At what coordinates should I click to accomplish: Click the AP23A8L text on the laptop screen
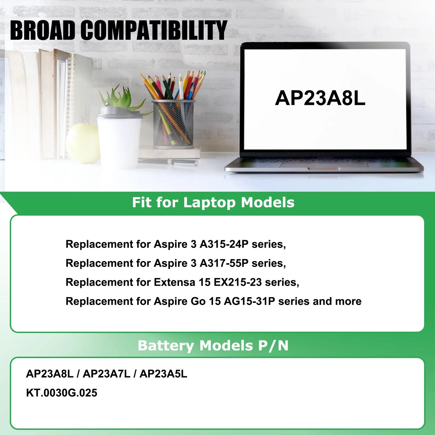click(x=320, y=98)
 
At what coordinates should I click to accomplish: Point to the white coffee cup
click(x=120, y=139)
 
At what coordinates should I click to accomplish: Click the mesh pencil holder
click(x=173, y=124)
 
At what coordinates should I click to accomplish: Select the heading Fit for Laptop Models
click(x=213, y=203)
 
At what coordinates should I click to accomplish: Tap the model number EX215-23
click(x=238, y=282)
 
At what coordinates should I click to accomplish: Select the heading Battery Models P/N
click(x=213, y=346)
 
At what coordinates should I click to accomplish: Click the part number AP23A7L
click(x=107, y=374)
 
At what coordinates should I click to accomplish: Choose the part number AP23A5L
click(x=163, y=374)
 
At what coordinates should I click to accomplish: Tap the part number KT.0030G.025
click(x=62, y=393)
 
